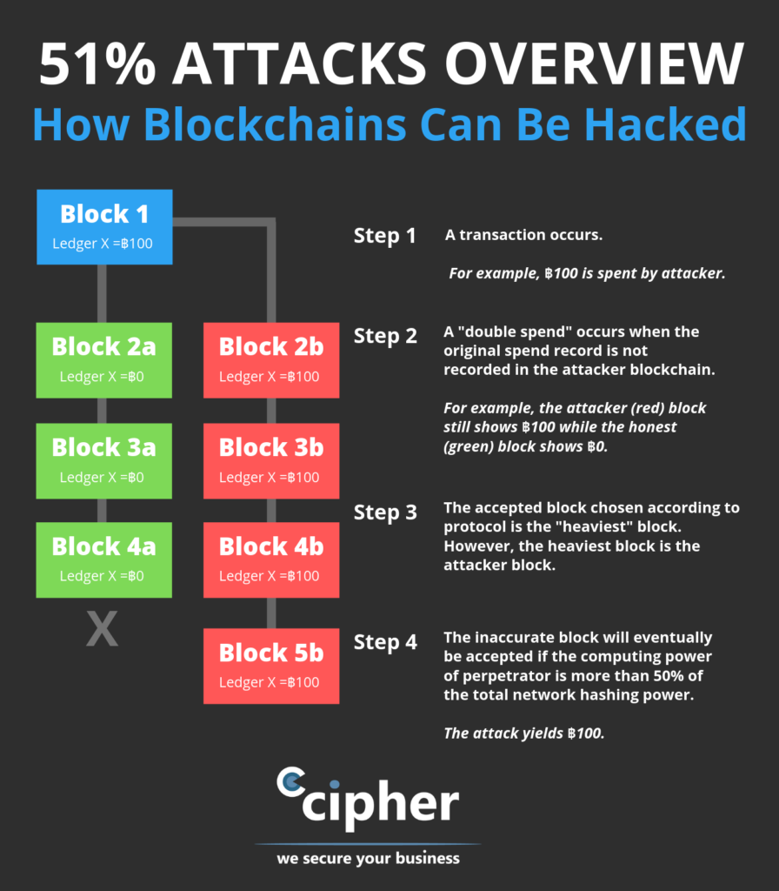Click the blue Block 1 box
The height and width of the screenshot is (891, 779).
104,227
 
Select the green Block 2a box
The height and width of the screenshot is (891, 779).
104,360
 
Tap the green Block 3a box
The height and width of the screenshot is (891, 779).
104,460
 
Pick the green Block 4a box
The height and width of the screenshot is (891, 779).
104,559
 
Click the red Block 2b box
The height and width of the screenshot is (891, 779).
271,360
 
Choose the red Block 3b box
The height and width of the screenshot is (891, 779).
271,460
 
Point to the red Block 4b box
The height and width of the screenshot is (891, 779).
271,559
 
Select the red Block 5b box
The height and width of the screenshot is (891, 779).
271,666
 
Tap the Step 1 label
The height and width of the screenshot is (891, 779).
385,236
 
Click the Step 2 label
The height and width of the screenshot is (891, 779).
385,336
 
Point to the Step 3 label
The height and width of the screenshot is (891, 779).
385,512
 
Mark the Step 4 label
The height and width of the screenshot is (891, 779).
385,642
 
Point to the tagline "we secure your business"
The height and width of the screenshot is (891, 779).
368,859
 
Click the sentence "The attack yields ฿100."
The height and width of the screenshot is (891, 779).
523,733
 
